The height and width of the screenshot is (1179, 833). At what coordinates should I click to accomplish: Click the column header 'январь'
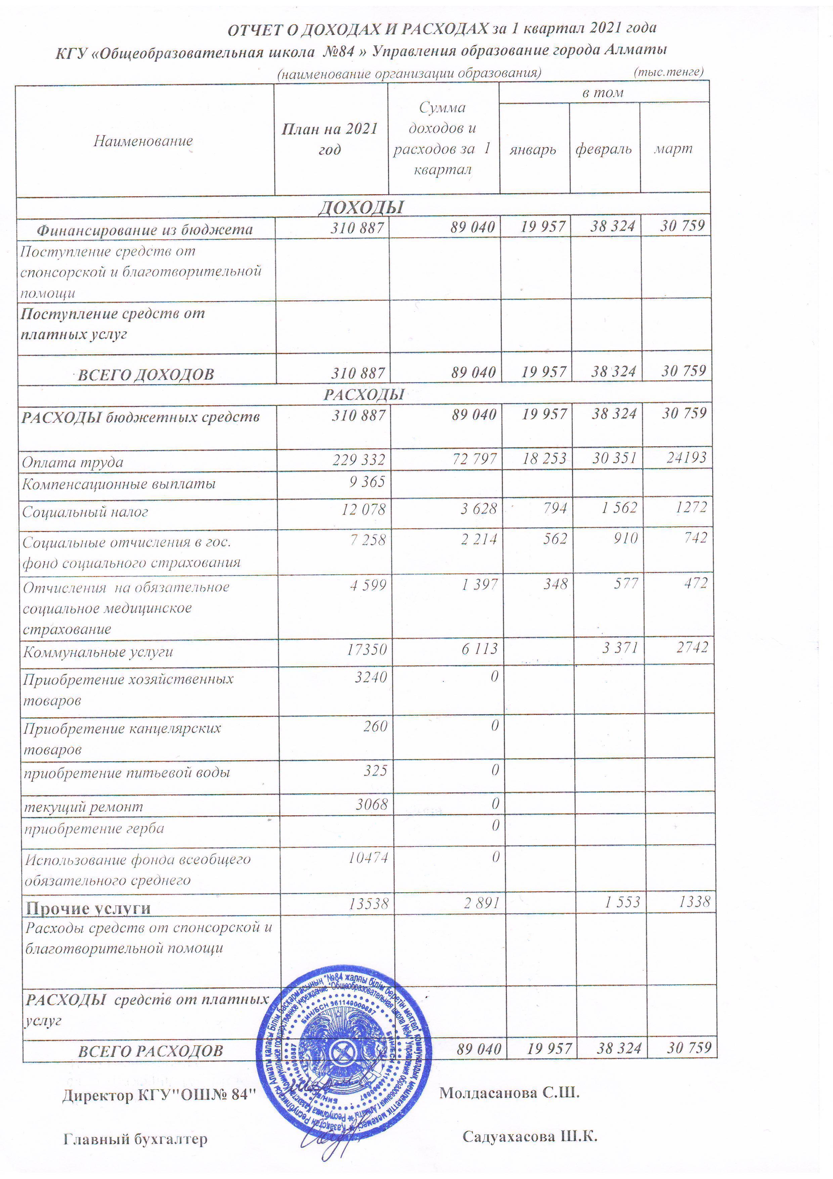click(533, 150)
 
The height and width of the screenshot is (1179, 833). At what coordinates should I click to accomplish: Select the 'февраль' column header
click(604, 150)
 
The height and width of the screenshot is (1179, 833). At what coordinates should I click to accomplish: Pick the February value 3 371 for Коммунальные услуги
click(620, 648)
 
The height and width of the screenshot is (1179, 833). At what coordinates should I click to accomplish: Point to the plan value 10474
click(368, 858)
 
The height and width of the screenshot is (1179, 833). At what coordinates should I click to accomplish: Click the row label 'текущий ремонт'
click(84, 807)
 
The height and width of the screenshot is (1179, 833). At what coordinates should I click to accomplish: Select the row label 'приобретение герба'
click(94, 829)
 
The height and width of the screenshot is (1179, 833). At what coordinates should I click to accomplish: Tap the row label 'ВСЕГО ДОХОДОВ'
click(146, 374)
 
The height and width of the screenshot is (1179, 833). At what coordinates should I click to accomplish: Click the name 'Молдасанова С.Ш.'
click(509, 1093)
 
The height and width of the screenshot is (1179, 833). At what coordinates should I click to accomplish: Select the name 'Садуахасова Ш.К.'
click(530, 1137)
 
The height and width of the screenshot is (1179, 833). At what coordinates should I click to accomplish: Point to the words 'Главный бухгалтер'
click(135, 1139)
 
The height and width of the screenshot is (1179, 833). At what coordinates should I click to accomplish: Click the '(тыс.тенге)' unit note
click(668, 71)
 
